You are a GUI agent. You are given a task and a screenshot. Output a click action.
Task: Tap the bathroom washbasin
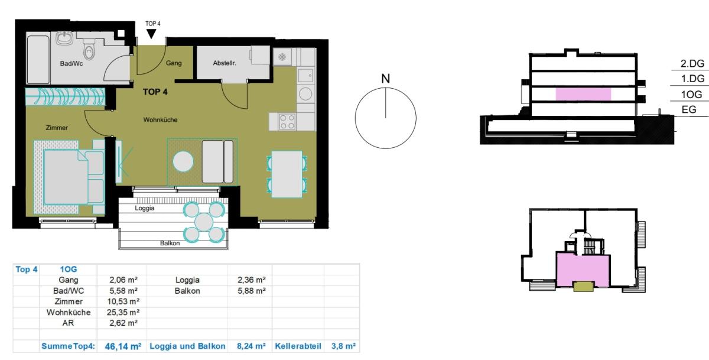(65, 38)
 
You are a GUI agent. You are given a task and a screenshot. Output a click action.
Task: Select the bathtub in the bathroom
(38, 60)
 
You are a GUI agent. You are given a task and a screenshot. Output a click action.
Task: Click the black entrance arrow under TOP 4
(151, 34)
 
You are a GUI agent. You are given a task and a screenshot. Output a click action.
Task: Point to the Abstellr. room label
(225, 63)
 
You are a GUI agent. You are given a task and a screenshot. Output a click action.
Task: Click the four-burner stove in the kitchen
(287, 122)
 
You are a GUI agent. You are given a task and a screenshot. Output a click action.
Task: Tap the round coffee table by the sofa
(183, 161)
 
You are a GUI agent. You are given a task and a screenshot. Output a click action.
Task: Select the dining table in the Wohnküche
(287, 174)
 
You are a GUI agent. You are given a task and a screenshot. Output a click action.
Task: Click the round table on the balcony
(204, 222)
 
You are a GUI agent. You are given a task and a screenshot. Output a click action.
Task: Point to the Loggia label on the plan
(145, 208)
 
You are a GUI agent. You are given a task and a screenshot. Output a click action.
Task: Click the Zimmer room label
(57, 128)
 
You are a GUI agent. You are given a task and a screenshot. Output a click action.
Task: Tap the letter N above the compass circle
(385, 79)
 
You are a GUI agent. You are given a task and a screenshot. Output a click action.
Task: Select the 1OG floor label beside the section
(692, 95)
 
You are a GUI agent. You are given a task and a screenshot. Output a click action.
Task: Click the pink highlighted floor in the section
(583, 95)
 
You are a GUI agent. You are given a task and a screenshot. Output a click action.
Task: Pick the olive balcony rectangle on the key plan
(583, 287)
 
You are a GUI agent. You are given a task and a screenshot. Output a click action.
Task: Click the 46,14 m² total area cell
(123, 346)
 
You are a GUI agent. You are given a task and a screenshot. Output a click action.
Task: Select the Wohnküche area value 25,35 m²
(123, 313)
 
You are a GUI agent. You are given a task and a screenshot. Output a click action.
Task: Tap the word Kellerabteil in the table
(298, 346)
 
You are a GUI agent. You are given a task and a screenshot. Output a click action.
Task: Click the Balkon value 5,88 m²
(252, 291)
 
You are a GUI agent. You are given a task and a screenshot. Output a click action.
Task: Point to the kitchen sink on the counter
(305, 75)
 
